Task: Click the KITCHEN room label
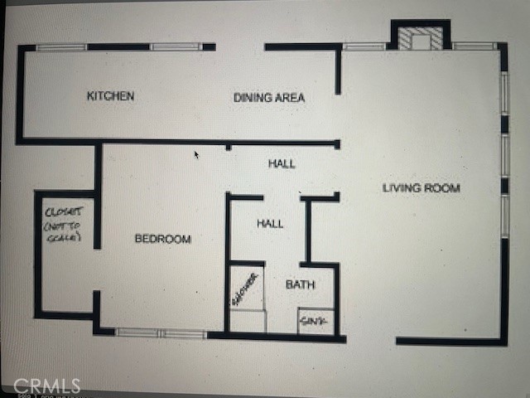(x=110, y=96)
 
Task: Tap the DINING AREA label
(x=268, y=98)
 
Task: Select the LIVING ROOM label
(x=421, y=188)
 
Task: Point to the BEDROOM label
(x=162, y=239)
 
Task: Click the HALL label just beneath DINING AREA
(x=282, y=163)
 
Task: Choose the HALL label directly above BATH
(x=270, y=223)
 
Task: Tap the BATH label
(x=300, y=284)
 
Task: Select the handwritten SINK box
(x=316, y=321)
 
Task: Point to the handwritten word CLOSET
(x=62, y=211)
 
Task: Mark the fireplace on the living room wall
(x=420, y=38)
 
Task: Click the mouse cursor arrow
(x=196, y=154)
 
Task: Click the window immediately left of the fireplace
(x=364, y=46)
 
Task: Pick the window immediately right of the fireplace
(x=474, y=46)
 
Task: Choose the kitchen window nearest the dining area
(x=176, y=47)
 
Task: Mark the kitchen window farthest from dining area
(x=61, y=47)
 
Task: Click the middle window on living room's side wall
(x=503, y=155)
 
